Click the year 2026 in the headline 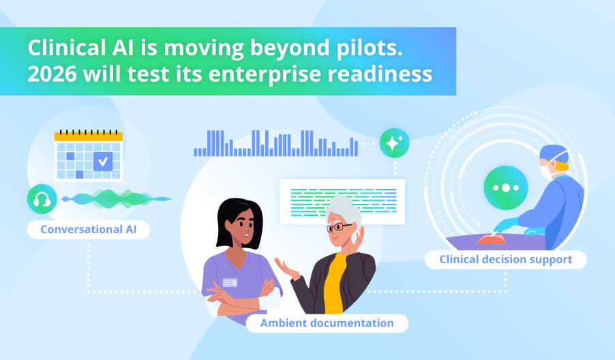click(x=48, y=74)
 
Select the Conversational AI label click(x=89, y=229)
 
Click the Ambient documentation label click(x=327, y=322)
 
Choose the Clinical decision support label click(x=505, y=259)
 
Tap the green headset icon click(x=42, y=200)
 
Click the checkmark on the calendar click(x=103, y=162)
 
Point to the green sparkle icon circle click(x=394, y=143)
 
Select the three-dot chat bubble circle click(x=505, y=187)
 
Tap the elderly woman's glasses click(x=338, y=227)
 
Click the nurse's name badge click(x=230, y=282)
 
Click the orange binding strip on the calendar click(x=89, y=136)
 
